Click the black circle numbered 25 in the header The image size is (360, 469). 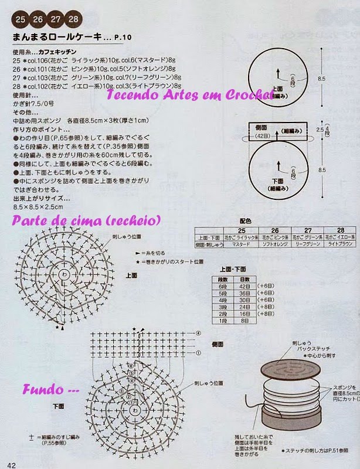[x=21, y=19]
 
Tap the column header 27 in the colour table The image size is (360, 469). [x=307, y=230]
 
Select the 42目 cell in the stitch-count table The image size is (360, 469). [x=244, y=286]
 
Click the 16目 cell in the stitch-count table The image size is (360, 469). [x=244, y=314]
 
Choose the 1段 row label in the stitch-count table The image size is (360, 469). [x=222, y=321]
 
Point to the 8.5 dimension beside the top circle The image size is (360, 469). [x=321, y=78]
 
